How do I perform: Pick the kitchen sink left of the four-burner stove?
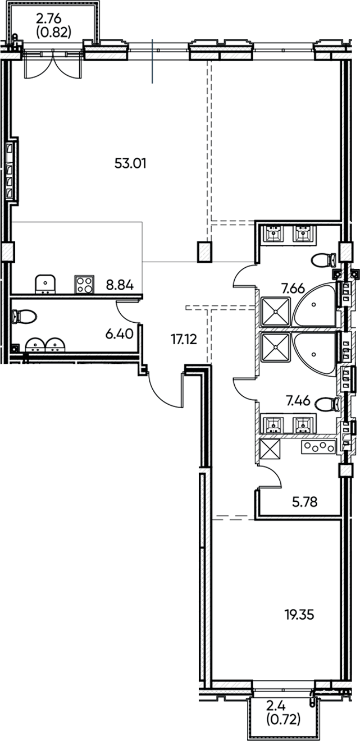click(x=44, y=284)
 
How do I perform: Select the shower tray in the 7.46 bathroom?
click(x=276, y=348)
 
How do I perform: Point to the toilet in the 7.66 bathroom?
click(x=323, y=260)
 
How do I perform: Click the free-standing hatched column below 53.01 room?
click(x=204, y=252)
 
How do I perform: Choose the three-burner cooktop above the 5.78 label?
click(x=318, y=447)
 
